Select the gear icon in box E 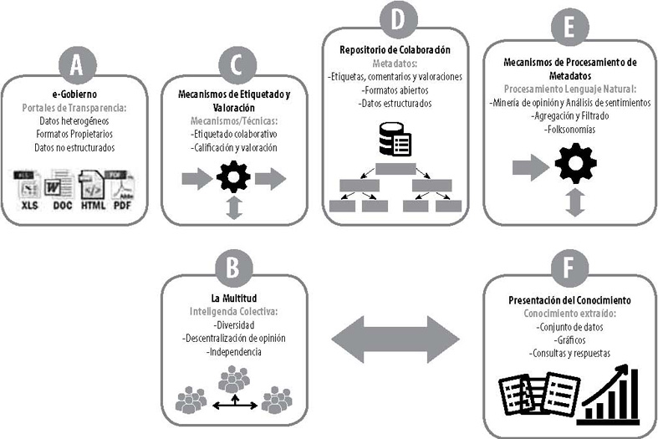pos(575,164)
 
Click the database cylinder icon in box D pos(398,140)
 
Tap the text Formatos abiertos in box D pos(398,89)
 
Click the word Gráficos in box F pos(569,340)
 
